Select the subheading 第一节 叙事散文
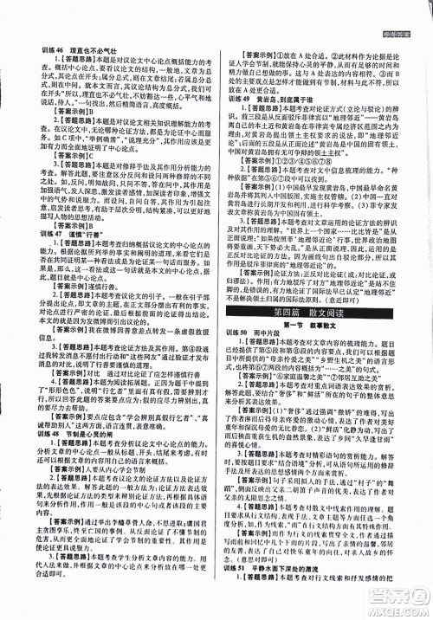click(x=317, y=343)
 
